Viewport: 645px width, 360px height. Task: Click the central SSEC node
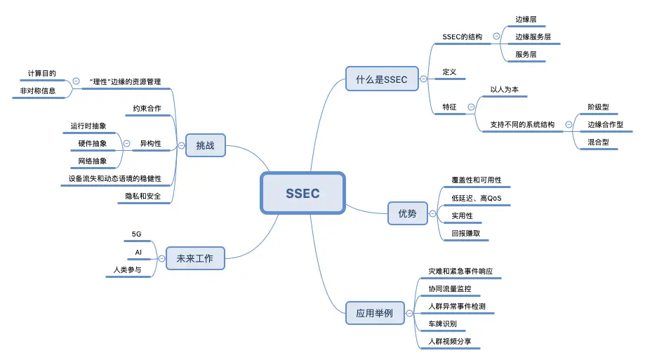point(302,193)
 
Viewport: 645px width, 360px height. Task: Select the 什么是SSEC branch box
point(381,79)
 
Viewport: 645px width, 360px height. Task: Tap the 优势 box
point(407,213)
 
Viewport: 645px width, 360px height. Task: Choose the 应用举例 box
point(375,313)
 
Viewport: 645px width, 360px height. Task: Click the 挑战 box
point(205,146)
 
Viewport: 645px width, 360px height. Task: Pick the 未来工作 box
point(194,258)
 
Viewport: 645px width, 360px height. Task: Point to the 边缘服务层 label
point(533,36)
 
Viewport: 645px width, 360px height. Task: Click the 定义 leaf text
point(450,72)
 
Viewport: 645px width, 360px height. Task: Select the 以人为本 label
point(504,89)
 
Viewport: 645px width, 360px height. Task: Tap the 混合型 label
point(598,142)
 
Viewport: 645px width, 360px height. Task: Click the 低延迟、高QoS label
point(471,198)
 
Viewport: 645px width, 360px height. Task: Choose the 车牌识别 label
point(442,324)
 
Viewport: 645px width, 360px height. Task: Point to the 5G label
point(137,234)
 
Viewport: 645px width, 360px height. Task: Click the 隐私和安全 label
point(143,196)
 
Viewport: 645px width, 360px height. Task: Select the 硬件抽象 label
point(93,144)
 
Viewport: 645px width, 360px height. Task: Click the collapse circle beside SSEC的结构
point(496,36)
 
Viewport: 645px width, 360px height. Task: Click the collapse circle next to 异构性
point(126,144)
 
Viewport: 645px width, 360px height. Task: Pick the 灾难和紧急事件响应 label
point(465,270)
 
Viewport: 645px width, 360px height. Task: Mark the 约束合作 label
point(147,108)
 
